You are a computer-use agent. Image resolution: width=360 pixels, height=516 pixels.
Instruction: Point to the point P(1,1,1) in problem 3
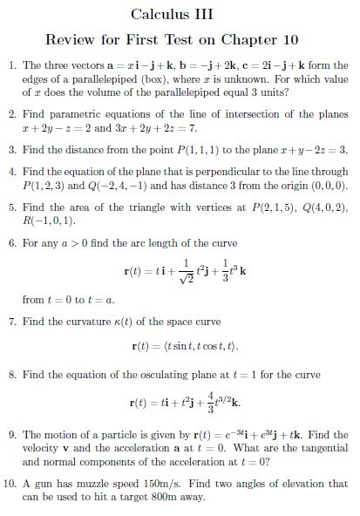click(x=204, y=149)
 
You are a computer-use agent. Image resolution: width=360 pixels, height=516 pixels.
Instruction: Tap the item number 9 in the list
click(x=12, y=433)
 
